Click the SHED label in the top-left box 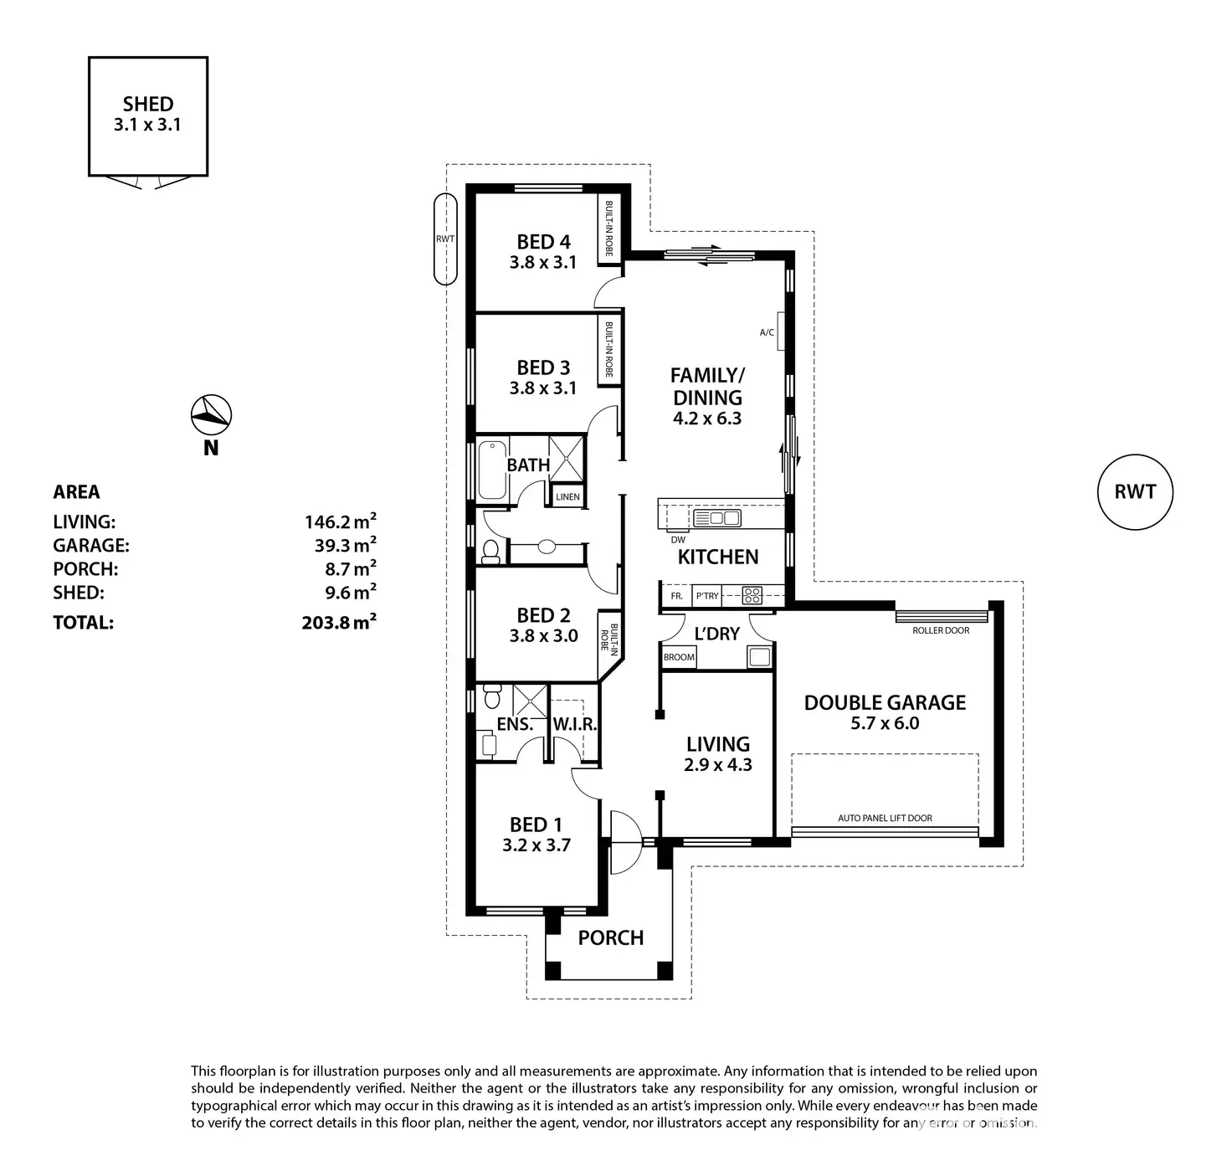click(148, 105)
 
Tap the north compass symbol click(211, 414)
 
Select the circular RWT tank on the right click(1134, 492)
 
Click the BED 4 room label click(543, 242)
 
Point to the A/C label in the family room click(767, 332)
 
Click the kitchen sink click(717, 519)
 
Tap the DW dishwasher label click(678, 540)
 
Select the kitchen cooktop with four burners click(752, 596)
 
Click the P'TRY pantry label click(707, 596)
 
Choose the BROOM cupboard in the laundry click(679, 657)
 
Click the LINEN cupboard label click(567, 496)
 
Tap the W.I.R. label click(575, 724)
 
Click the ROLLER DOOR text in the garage click(941, 630)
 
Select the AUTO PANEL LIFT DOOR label click(885, 818)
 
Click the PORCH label click(611, 938)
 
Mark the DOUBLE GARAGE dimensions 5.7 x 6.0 click(885, 723)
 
